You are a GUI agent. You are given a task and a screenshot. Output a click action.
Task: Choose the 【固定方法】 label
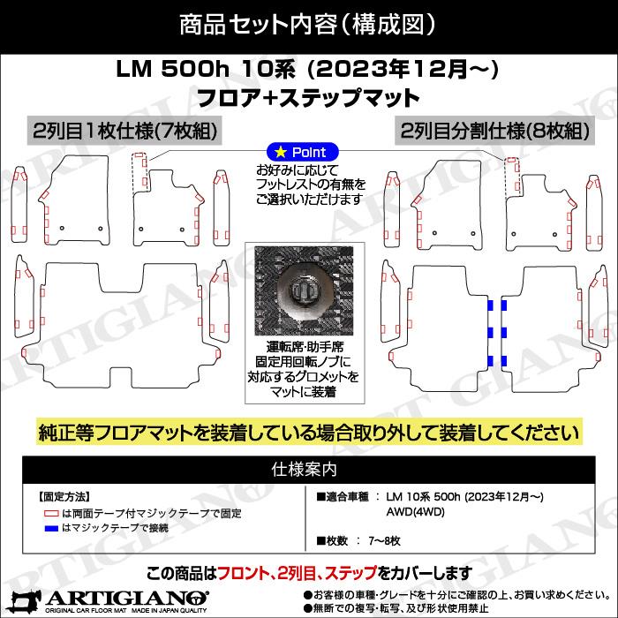(64, 497)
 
